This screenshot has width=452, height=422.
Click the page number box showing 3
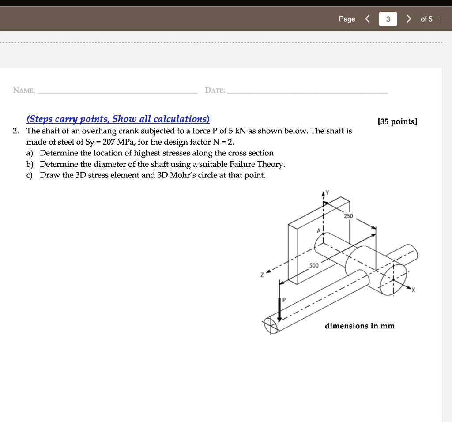[388, 19]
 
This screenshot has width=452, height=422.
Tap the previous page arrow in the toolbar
[367, 19]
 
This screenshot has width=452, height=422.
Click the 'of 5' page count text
[426, 19]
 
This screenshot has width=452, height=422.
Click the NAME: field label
[24, 90]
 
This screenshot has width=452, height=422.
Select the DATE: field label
[215, 90]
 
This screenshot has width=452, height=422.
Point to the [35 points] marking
[397, 121]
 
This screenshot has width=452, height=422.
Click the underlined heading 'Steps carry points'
[118, 119]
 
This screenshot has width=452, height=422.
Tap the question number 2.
[16, 131]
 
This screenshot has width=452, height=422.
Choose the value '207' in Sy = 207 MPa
[109, 142]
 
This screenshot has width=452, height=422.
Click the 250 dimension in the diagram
[349, 216]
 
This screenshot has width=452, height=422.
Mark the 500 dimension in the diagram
[313, 266]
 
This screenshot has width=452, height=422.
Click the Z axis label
[262, 275]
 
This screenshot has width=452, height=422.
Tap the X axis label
[414, 290]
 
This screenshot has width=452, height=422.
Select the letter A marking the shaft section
[317, 231]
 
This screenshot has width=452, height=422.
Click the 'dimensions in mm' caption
[360, 326]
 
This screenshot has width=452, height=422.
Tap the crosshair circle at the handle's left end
[271, 326]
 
